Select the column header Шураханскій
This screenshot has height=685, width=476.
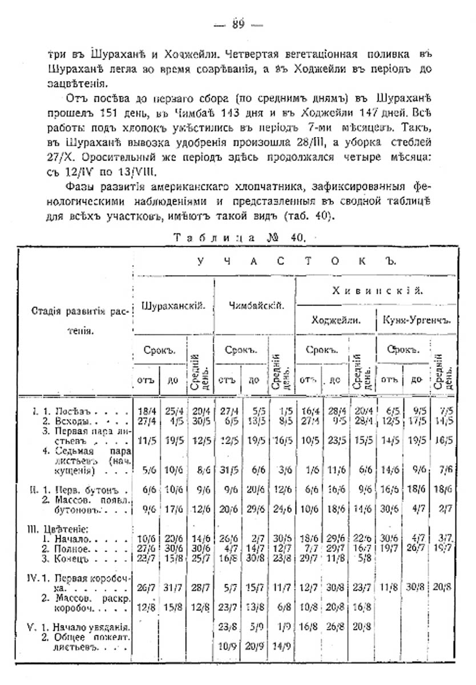pyautogui.click(x=173, y=306)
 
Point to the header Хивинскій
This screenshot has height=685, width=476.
pyautogui.click(x=377, y=291)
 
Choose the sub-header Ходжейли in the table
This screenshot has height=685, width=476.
pyautogui.click(x=336, y=321)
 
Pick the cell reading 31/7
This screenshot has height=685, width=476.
pyautogui.click(x=172, y=586)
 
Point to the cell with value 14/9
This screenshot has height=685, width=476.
pyautogui.click(x=282, y=649)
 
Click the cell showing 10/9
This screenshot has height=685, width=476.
pyautogui.click(x=227, y=649)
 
